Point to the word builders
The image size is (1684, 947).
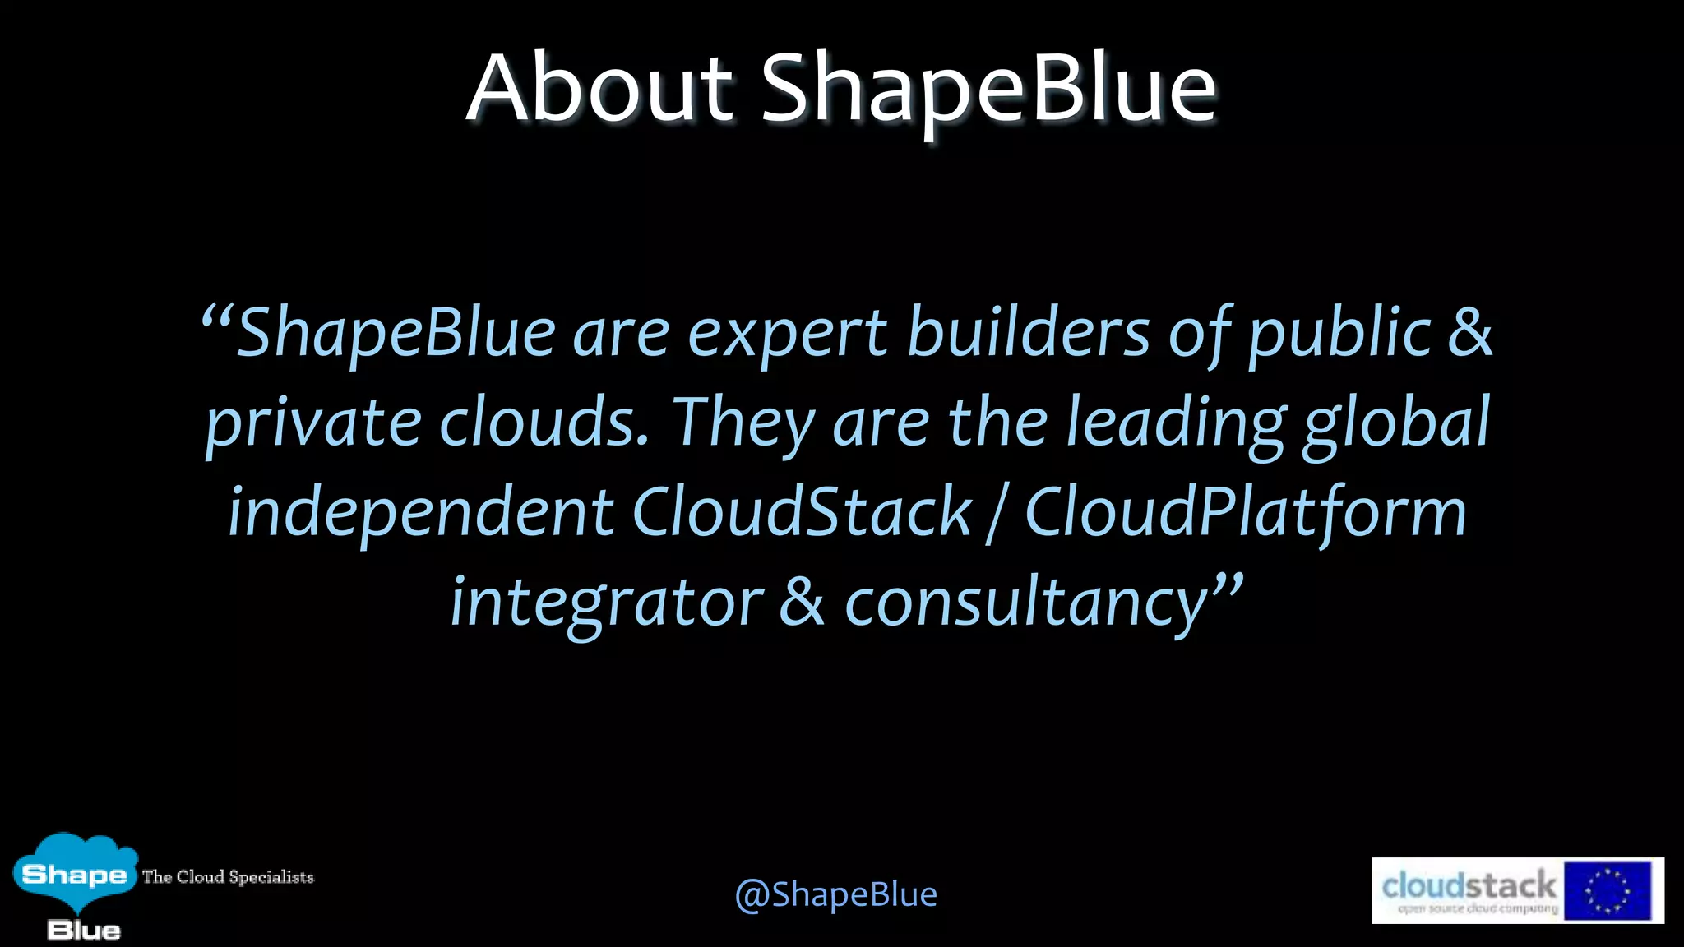[x=1028, y=333]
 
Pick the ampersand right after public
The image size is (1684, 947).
[x=1469, y=333]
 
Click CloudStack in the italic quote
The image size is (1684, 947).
[x=802, y=511]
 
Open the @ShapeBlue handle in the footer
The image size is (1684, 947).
[x=835, y=894]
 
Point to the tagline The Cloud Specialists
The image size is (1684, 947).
[x=228, y=877]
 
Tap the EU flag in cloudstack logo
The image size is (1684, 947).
[x=1607, y=890]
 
